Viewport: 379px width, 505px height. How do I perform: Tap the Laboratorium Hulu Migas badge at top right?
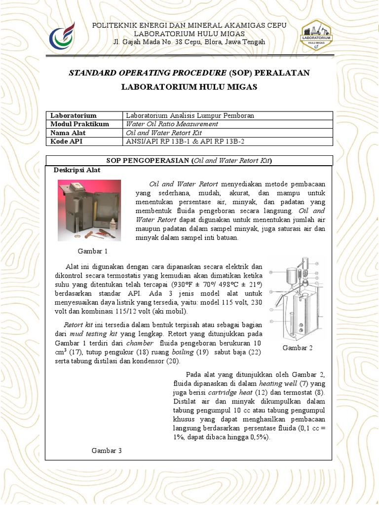click(316, 35)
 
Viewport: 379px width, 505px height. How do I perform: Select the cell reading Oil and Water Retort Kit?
click(164, 133)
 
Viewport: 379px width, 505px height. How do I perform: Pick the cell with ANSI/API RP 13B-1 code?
click(185, 142)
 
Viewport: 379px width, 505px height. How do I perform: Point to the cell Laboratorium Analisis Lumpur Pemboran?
click(190, 115)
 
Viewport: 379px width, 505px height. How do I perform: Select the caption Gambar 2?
click(298, 348)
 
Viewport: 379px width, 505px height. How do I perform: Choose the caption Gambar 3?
click(107, 450)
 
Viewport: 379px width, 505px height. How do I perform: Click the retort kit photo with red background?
click(89, 210)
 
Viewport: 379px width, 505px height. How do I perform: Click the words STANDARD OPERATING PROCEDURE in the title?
click(148, 73)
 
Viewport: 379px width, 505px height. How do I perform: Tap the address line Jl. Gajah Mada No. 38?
click(189, 42)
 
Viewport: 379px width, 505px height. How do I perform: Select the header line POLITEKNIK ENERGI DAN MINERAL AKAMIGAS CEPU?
click(189, 25)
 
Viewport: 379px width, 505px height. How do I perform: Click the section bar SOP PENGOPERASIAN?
click(189, 161)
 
